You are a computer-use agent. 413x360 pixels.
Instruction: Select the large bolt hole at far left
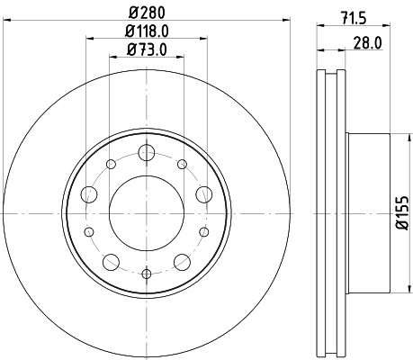90,193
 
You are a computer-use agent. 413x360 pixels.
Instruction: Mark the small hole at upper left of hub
112,164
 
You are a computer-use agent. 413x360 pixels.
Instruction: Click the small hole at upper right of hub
183,164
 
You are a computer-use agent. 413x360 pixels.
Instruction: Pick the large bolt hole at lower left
112,262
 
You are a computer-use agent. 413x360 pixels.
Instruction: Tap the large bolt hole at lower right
183,262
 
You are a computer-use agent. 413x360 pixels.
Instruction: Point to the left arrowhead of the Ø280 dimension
5,22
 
